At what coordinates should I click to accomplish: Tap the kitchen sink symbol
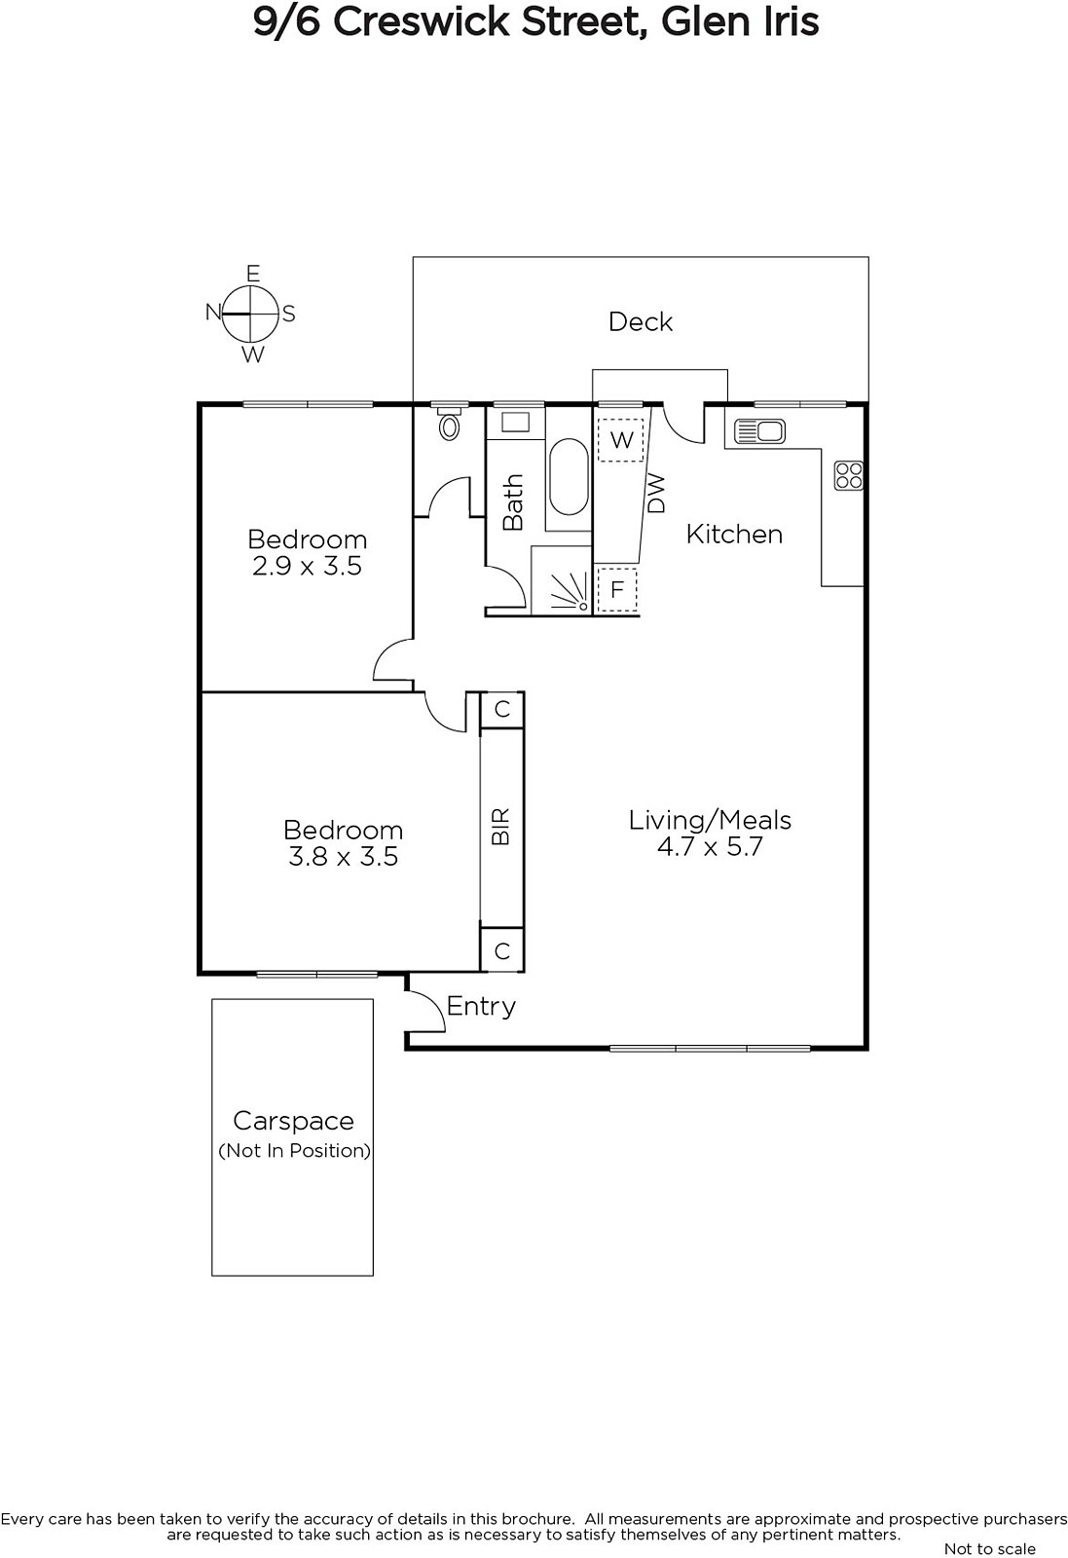click(x=759, y=431)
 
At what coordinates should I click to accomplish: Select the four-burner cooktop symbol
click(x=849, y=476)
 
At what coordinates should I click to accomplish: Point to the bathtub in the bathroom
click(x=569, y=476)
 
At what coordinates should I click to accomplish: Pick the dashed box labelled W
click(x=621, y=439)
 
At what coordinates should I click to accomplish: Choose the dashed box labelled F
click(x=616, y=590)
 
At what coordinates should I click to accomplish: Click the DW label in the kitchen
click(x=655, y=493)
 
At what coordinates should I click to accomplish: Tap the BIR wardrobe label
click(x=500, y=827)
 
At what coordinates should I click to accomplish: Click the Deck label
click(x=641, y=321)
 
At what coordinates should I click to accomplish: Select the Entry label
click(x=481, y=1007)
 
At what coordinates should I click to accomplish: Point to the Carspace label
click(x=293, y=1121)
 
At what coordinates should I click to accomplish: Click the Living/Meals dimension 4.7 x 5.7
click(x=710, y=846)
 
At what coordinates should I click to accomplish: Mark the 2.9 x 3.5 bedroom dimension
click(x=307, y=566)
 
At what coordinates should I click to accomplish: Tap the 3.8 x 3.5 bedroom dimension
click(x=343, y=856)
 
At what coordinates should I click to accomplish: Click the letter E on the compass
click(x=253, y=274)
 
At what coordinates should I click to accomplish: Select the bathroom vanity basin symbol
click(x=515, y=422)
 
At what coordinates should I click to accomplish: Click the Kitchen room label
click(x=734, y=535)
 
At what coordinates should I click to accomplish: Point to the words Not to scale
click(x=989, y=1548)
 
